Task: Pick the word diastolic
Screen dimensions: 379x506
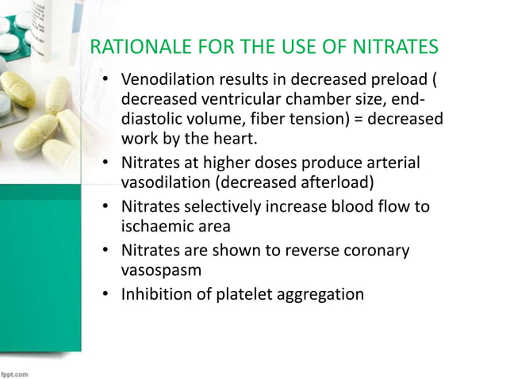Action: pos(155,120)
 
